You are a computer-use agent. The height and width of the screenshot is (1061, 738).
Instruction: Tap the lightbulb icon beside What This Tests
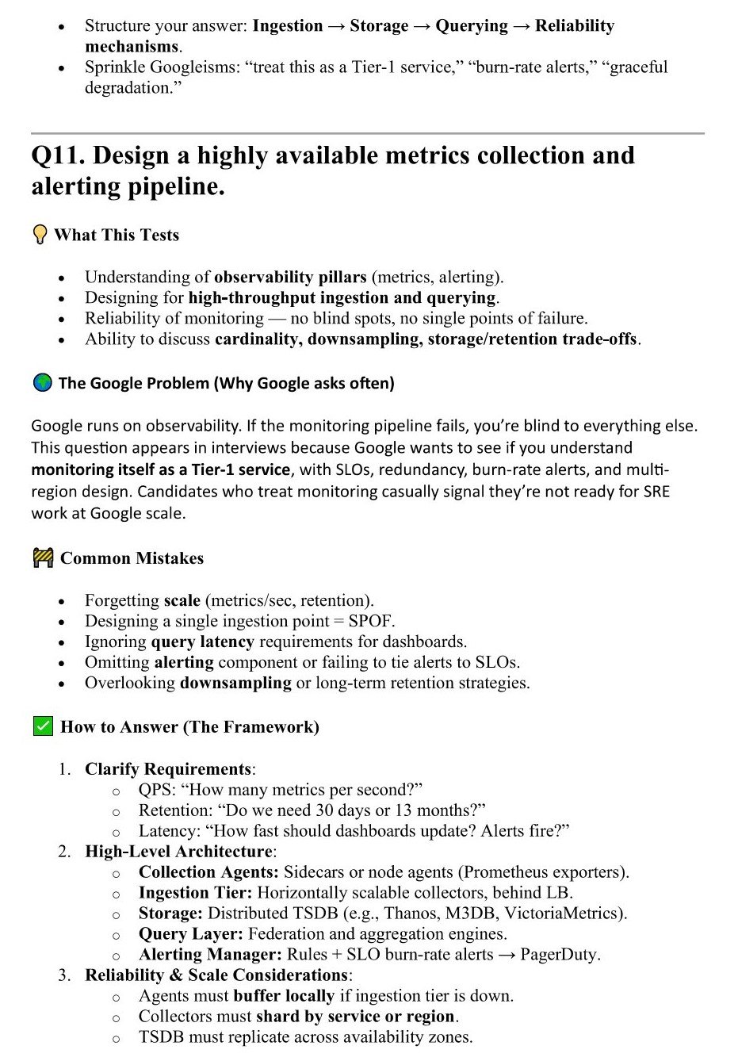[40, 236]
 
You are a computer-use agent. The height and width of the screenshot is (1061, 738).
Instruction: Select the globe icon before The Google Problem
[42, 383]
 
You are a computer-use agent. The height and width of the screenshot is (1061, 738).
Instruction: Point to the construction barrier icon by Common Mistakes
[43, 558]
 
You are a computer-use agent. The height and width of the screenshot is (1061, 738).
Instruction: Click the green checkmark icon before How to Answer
[43, 726]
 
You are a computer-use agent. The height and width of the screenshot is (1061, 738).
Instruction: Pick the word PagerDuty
[560, 955]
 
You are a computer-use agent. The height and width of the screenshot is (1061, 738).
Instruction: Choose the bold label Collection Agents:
[208, 872]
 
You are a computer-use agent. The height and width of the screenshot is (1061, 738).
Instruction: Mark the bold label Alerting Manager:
[210, 955]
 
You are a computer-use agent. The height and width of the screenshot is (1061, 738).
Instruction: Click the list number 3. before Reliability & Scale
[64, 975]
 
